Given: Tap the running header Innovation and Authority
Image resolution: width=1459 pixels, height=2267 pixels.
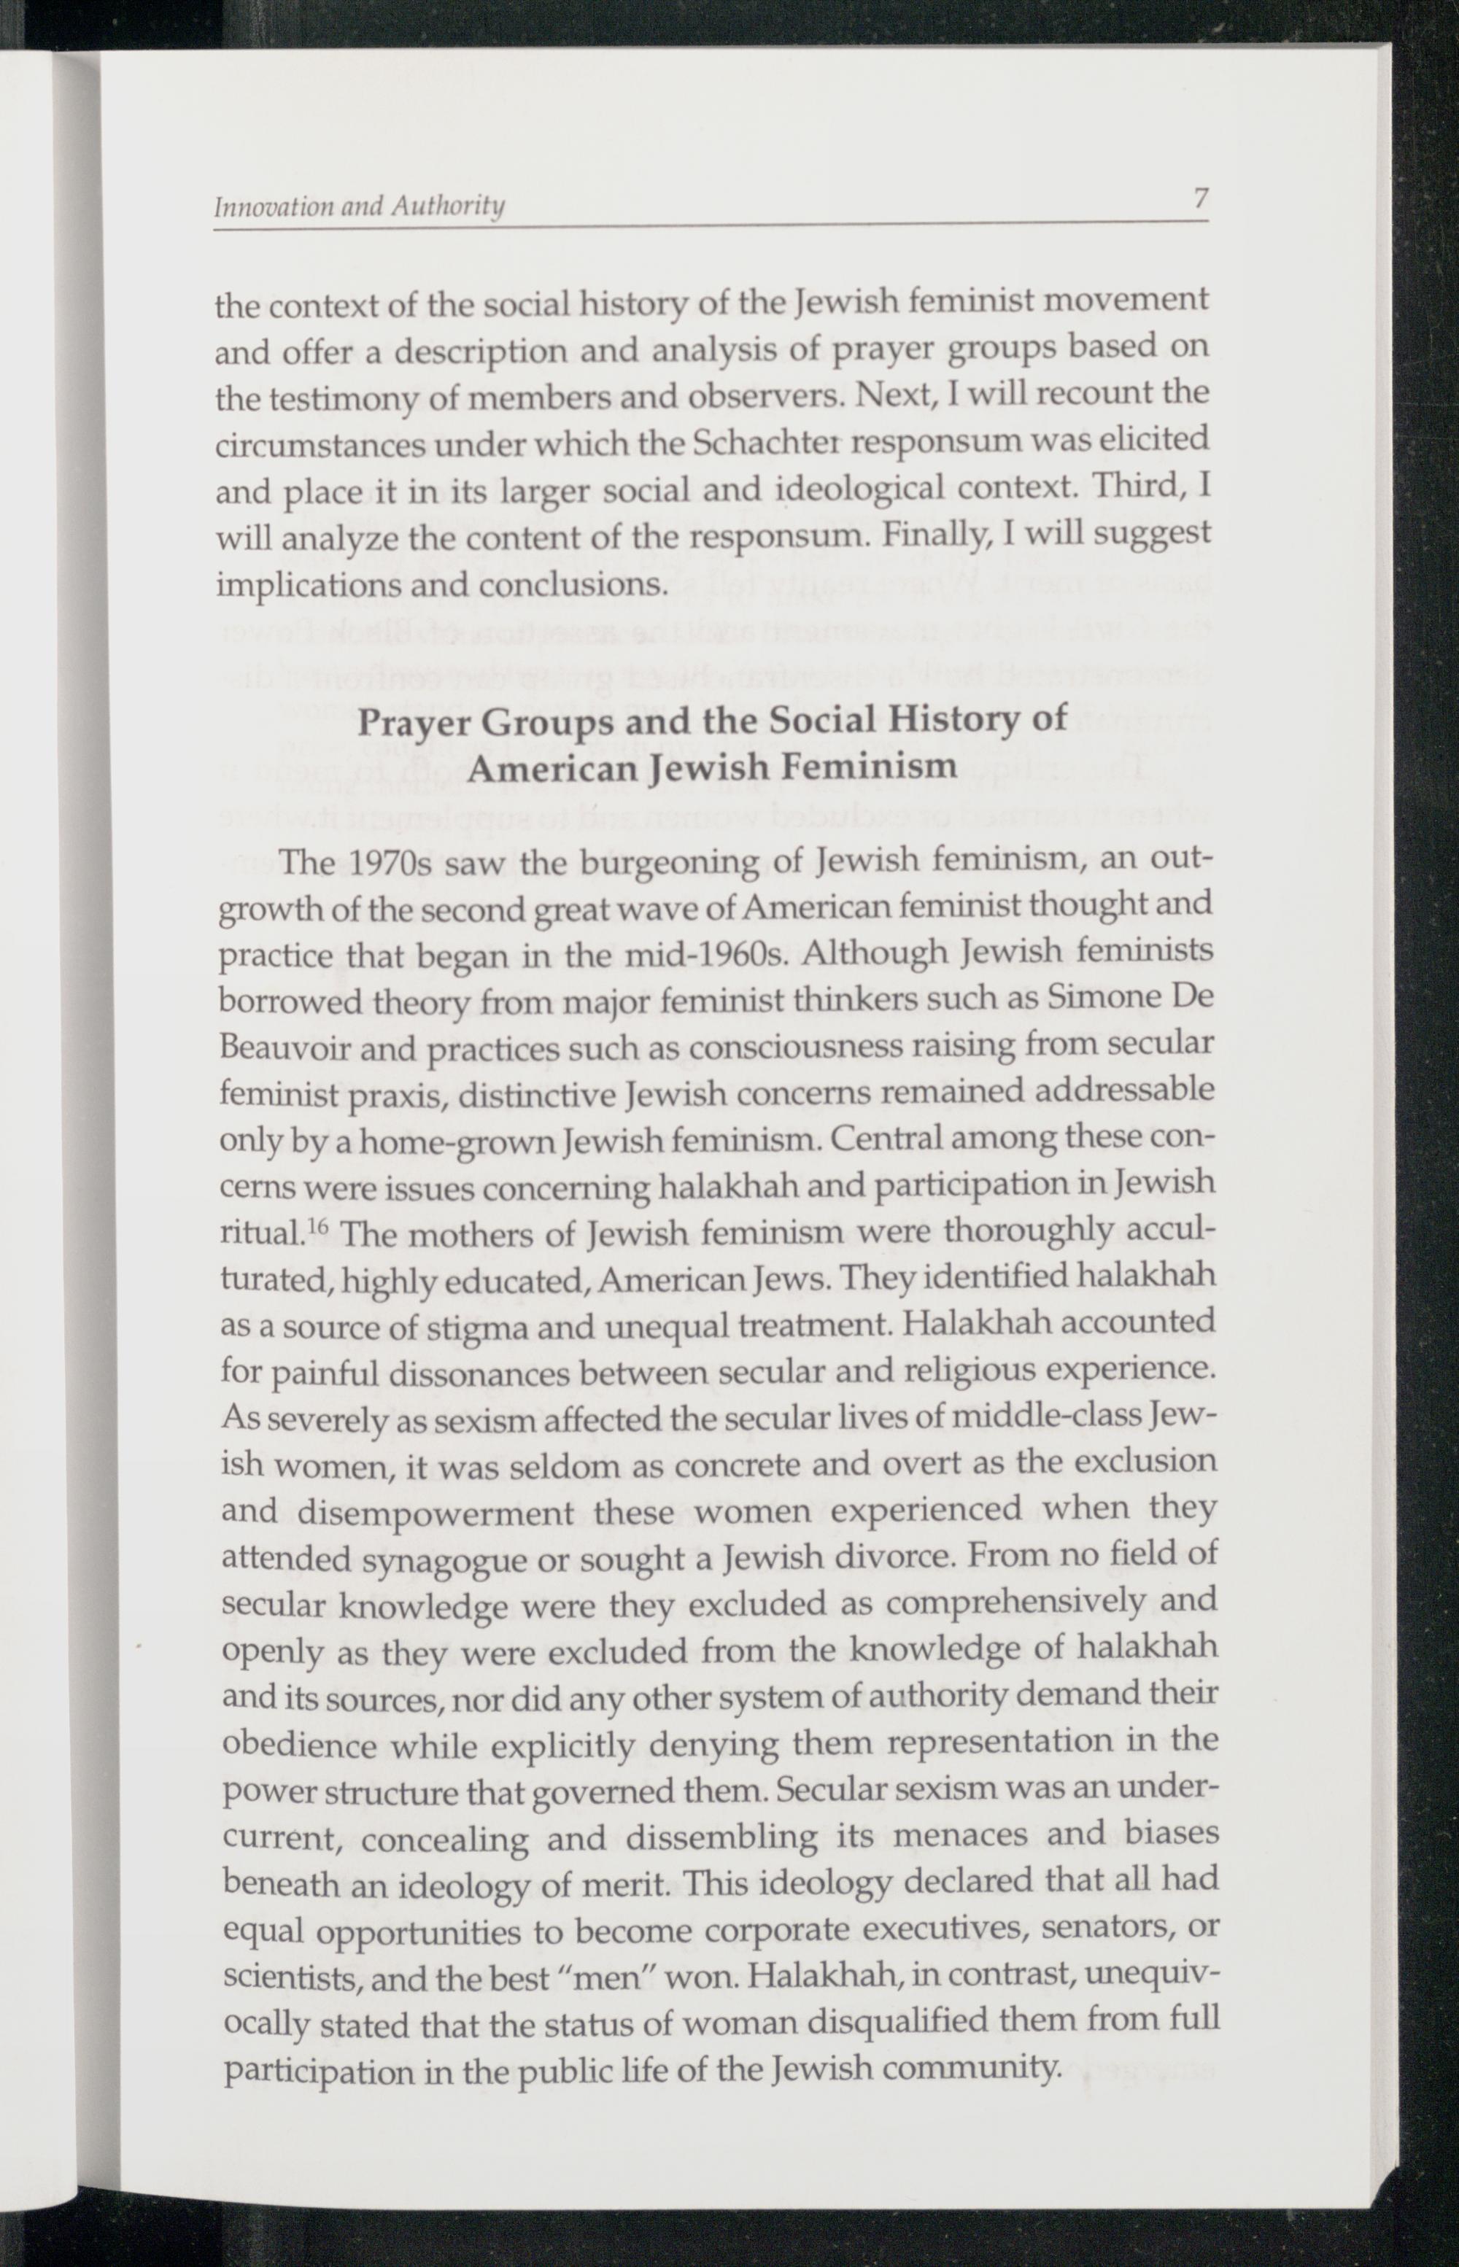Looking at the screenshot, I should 358,206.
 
